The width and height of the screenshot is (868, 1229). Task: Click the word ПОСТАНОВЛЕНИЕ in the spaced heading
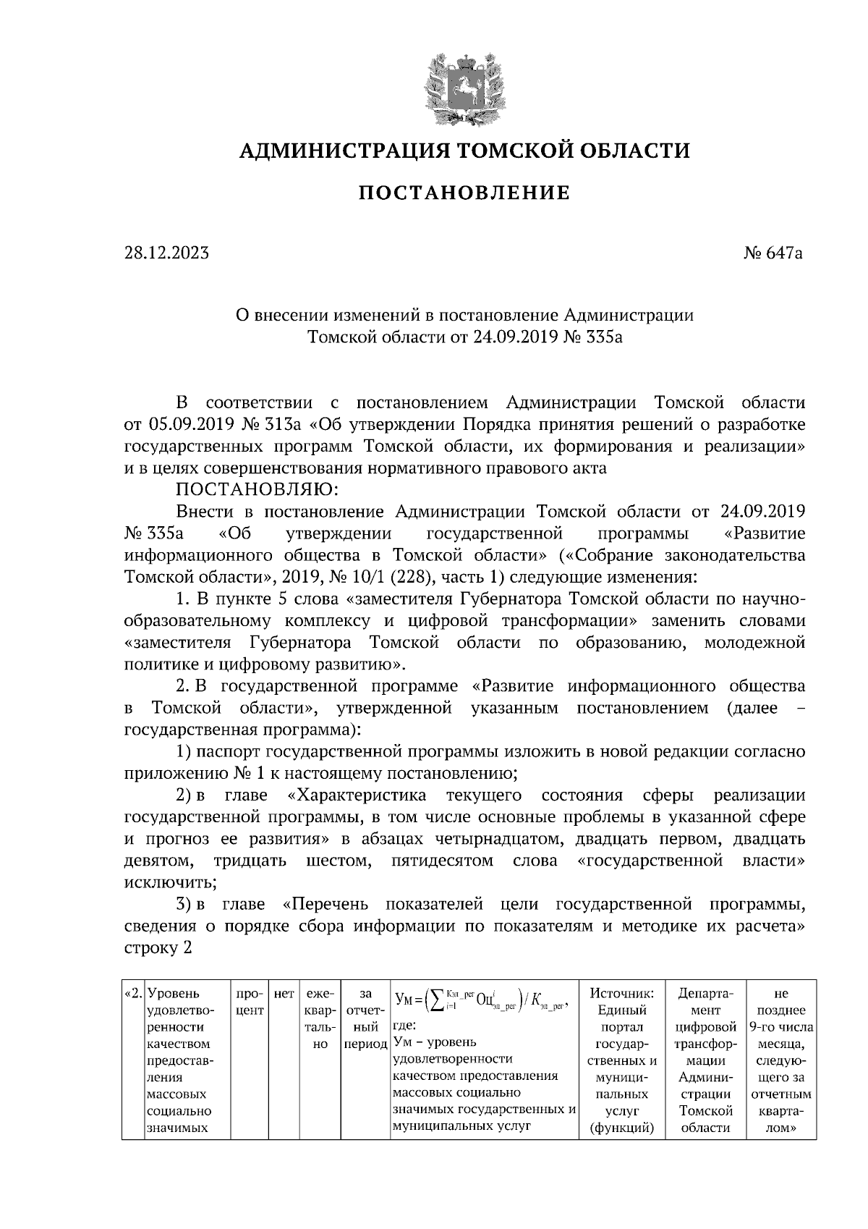[x=464, y=193]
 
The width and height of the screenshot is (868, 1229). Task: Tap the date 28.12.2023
[x=166, y=253]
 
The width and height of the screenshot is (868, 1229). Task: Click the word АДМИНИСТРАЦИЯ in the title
[x=336, y=151]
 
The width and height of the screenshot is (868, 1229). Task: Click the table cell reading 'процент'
[x=249, y=1003]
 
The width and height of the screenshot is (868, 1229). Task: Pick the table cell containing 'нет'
[x=283, y=994]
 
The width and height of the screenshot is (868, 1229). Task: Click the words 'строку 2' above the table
[x=158, y=948]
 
